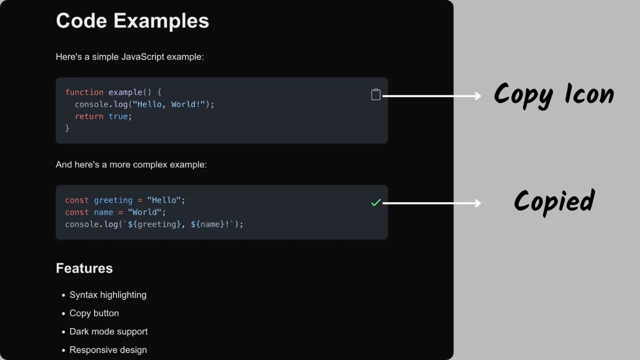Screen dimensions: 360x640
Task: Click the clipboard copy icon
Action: (x=376, y=94)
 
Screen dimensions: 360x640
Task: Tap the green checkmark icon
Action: (x=376, y=202)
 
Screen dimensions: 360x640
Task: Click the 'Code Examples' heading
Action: (x=132, y=21)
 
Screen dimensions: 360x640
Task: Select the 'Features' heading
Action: (x=84, y=268)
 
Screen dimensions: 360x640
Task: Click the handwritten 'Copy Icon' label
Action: (x=553, y=94)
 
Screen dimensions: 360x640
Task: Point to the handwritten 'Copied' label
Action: (x=554, y=201)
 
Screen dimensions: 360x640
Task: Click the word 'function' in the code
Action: (x=84, y=92)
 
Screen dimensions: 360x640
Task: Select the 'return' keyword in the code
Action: (x=89, y=116)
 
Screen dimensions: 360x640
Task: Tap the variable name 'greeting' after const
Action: (x=113, y=200)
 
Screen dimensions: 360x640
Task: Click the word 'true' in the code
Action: (x=118, y=116)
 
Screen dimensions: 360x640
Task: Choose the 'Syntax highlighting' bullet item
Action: (x=108, y=295)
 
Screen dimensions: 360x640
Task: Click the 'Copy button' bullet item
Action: (x=94, y=313)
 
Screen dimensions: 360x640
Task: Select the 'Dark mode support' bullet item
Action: (x=108, y=331)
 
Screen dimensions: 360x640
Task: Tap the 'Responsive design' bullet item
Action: (x=108, y=350)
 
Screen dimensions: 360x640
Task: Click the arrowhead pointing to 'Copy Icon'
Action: (x=477, y=96)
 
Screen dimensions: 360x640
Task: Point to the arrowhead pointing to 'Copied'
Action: (x=477, y=203)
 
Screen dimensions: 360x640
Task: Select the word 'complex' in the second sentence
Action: (x=151, y=164)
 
